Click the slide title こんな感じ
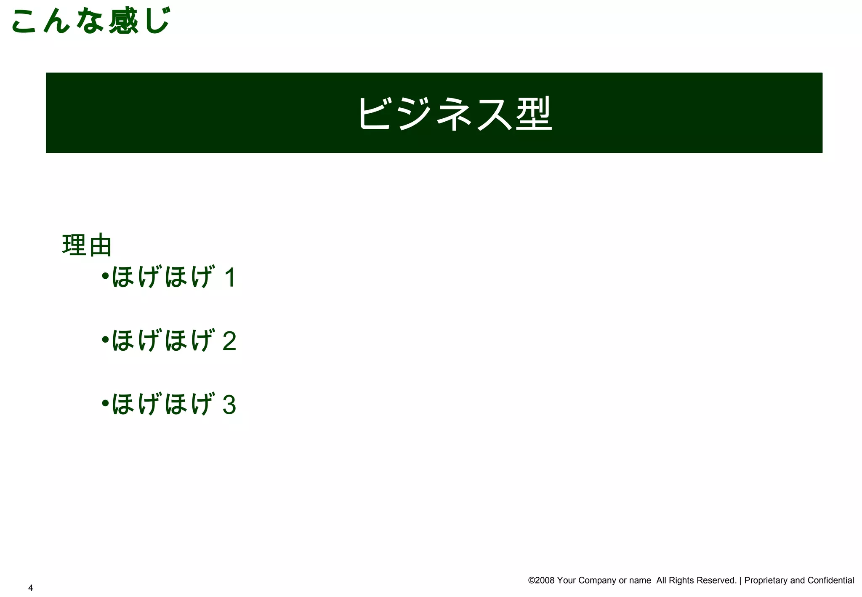click(x=90, y=21)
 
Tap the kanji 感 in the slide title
click(x=123, y=21)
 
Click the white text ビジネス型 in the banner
click(x=455, y=113)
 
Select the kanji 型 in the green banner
click(x=534, y=113)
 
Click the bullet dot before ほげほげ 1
click(x=105, y=276)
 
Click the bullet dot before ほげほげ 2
click(x=105, y=339)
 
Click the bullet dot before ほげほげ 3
click(x=105, y=403)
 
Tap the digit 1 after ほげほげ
click(x=230, y=278)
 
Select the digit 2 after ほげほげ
click(x=229, y=341)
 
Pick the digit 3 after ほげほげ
click(x=229, y=405)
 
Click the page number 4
click(x=30, y=588)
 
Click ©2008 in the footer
click(x=541, y=581)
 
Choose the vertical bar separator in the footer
click(x=741, y=581)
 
